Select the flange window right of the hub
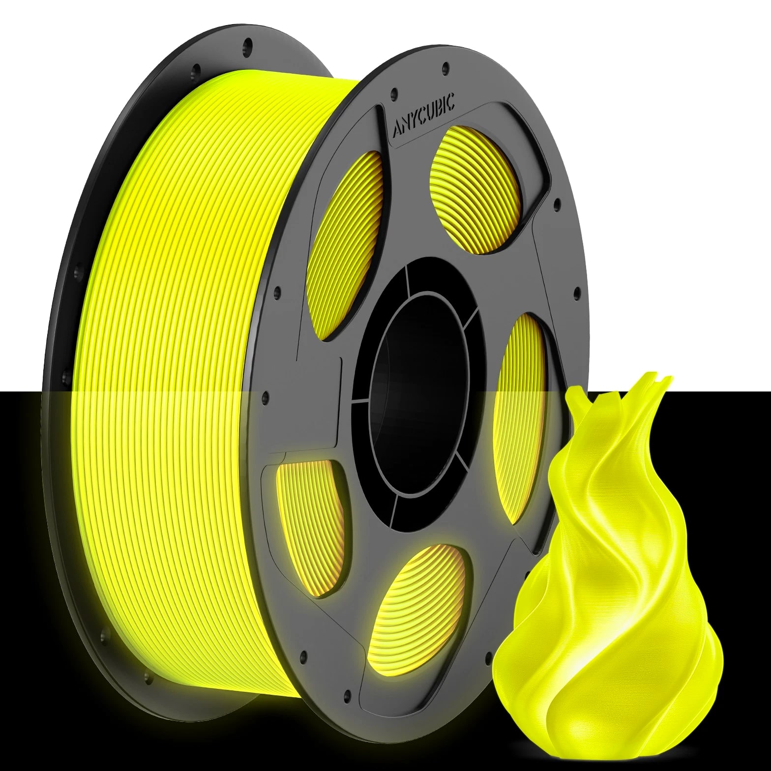[520, 418]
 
